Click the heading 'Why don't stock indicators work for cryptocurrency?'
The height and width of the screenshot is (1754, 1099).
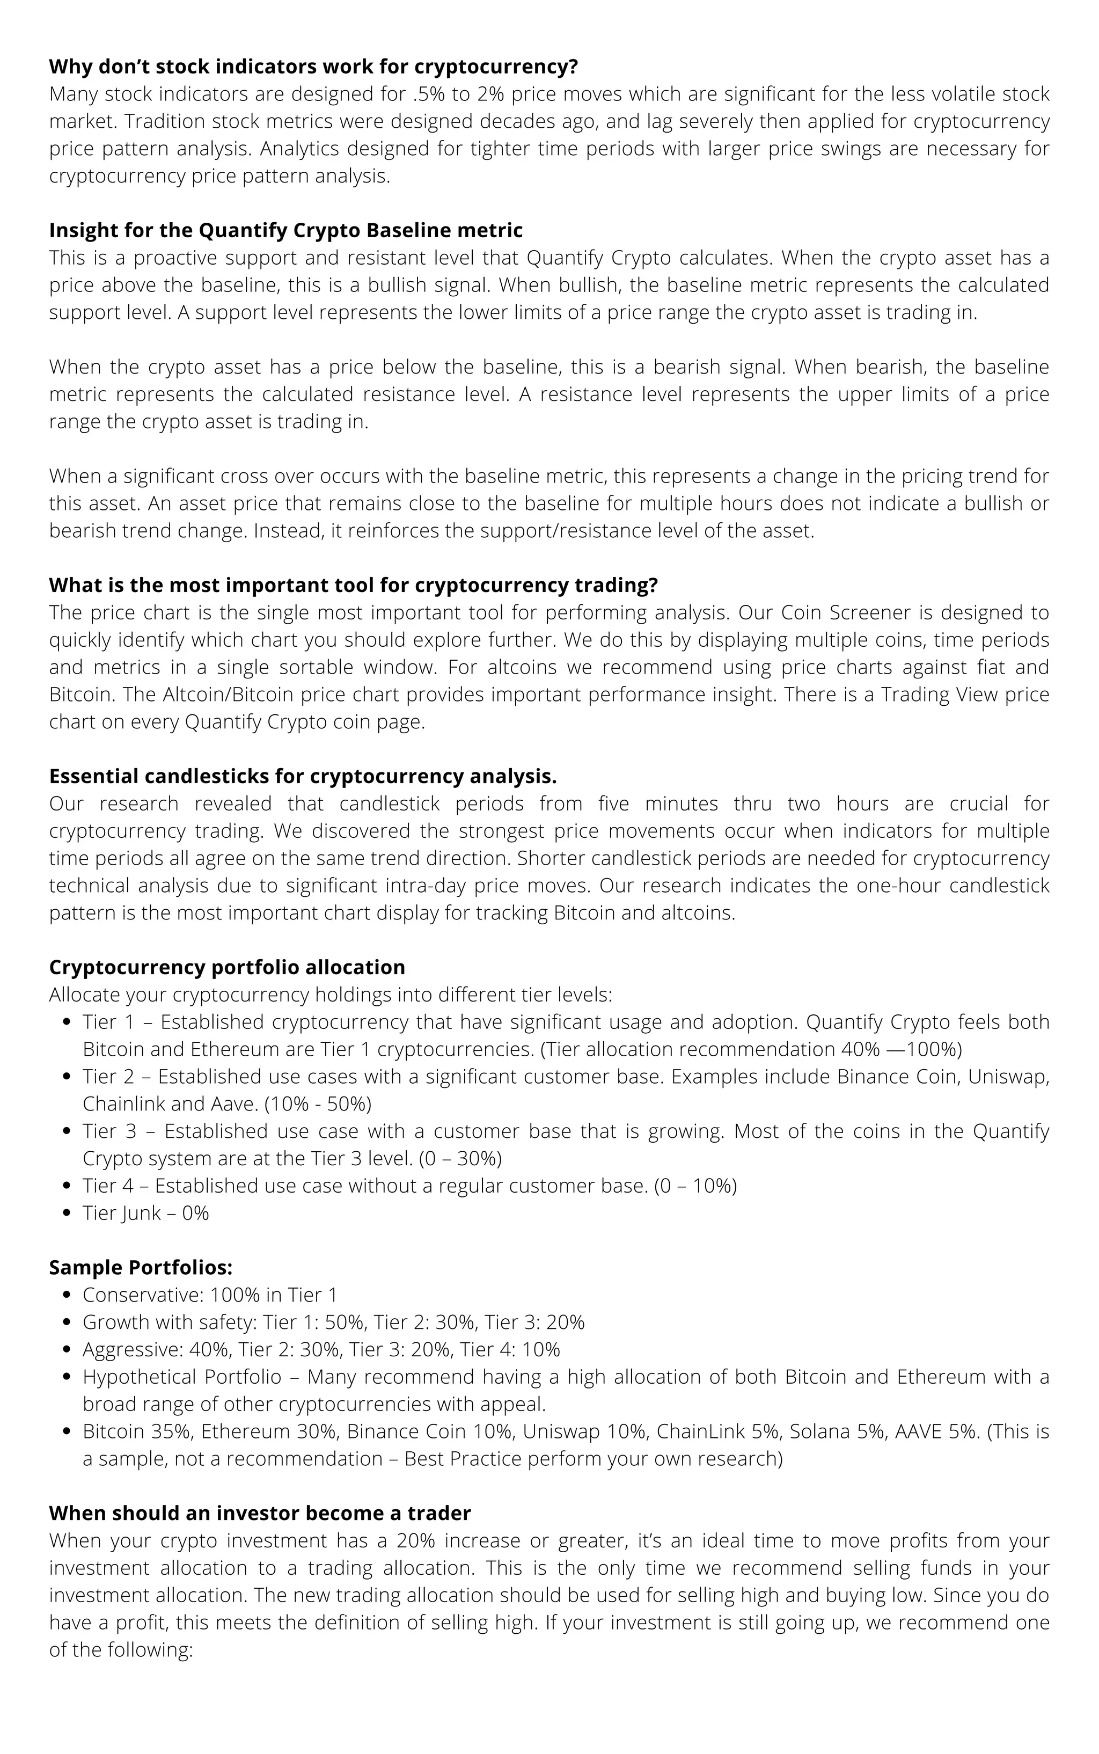tap(312, 67)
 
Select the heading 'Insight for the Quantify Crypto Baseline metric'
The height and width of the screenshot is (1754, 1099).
tap(285, 230)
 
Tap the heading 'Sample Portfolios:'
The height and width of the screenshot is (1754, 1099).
tap(140, 1268)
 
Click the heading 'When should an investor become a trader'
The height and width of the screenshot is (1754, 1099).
tap(260, 1514)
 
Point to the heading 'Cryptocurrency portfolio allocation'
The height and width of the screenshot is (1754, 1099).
tap(227, 968)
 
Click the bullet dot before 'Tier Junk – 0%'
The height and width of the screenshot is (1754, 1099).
tap(67, 1213)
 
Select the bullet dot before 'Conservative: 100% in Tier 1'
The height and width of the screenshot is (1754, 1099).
tap(67, 1295)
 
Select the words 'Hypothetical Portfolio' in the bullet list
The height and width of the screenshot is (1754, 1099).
tap(182, 1377)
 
